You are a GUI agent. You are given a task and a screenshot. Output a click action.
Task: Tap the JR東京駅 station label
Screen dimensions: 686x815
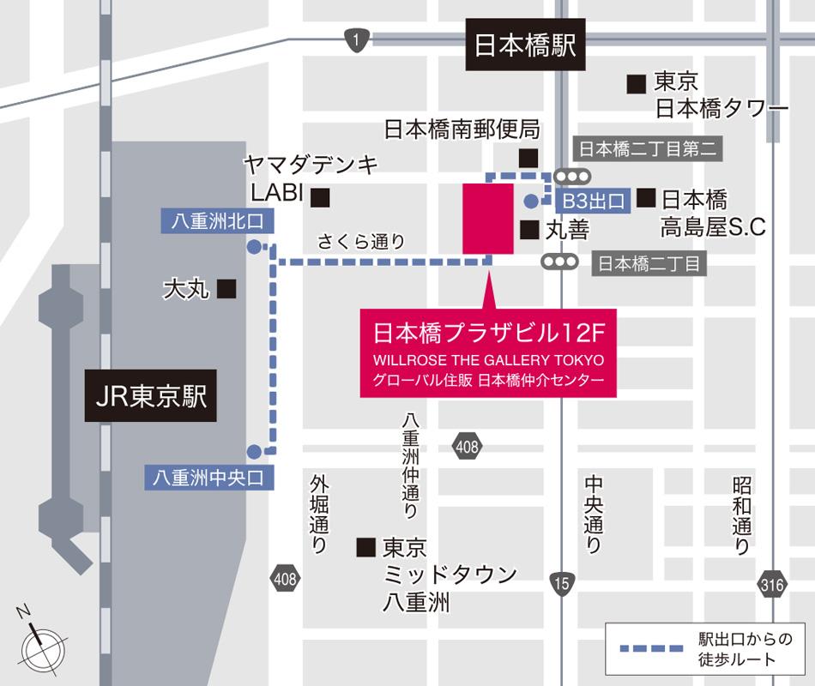point(151,396)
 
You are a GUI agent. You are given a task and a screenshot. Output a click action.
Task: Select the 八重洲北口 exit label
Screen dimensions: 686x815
point(217,221)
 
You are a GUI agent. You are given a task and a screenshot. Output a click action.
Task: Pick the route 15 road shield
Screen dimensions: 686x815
point(561,583)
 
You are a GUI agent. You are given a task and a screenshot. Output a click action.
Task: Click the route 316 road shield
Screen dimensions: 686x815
point(771,586)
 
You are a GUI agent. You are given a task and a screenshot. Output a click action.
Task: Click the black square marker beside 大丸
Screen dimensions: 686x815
point(226,290)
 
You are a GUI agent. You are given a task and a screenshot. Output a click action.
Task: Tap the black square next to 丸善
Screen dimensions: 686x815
point(529,230)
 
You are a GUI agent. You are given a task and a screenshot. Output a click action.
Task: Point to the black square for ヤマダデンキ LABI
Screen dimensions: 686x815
point(320,197)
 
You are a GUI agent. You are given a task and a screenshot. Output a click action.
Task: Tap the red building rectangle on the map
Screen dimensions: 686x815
point(487,218)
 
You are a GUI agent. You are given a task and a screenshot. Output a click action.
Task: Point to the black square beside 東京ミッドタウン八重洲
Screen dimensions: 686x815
point(366,546)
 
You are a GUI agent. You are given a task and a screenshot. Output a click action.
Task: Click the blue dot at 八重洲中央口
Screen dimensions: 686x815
point(254,451)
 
